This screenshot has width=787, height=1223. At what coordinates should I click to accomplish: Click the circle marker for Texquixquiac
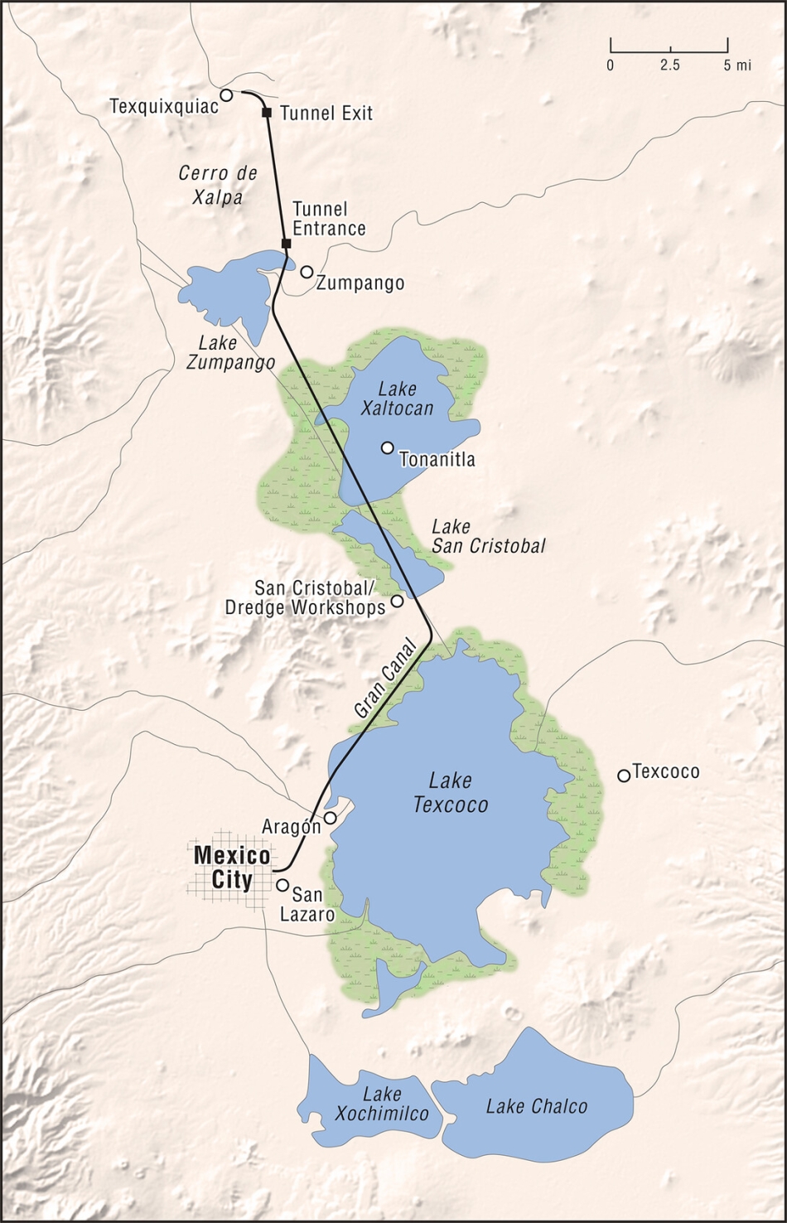(x=225, y=95)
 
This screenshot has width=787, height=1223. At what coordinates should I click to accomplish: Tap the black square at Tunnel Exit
(x=267, y=113)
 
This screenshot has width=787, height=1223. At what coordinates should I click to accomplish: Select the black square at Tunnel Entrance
(x=287, y=243)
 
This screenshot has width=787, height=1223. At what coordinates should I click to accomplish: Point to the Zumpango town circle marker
(x=307, y=272)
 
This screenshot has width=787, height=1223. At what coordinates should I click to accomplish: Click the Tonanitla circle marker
(x=387, y=447)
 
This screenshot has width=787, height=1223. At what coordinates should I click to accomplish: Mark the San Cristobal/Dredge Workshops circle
(x=397, y=601)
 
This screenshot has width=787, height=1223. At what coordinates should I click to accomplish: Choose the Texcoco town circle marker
(x=624, y=776)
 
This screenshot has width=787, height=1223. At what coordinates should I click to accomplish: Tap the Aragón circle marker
(x=330, y=819)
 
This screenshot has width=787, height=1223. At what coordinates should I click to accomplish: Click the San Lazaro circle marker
(x=282, y=885)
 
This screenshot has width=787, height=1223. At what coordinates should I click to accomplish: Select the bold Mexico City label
(x=231, y=867)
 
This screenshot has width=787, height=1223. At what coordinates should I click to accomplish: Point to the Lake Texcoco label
(x=451, y=792)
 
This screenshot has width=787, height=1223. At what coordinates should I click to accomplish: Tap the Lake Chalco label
(x=536, y=1106)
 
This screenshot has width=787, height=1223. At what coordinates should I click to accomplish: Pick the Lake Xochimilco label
(x=382, y=1105)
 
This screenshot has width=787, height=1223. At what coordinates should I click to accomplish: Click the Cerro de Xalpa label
(x=218, y=185)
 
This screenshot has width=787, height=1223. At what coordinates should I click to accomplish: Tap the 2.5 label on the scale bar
(x=670, y=65)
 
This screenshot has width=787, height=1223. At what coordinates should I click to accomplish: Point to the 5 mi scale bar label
(x=736, y=65)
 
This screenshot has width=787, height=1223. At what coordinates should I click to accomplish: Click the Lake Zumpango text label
(x=236, y=352)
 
